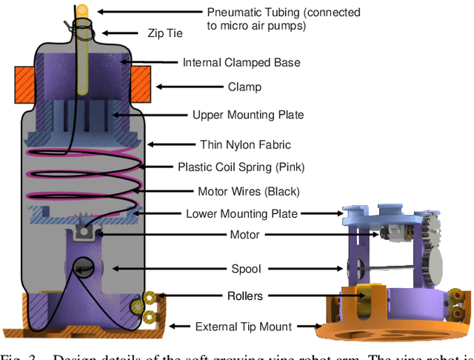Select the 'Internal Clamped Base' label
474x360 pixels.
pyautogui.click(x=241, y=62)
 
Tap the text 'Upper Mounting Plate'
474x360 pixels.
pyautogui.click(x=248, y=115)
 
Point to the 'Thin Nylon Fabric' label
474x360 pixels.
pyautogui.click(x=246, y=144)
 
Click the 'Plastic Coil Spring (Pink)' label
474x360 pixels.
pyautogui.click(x=241, y=167)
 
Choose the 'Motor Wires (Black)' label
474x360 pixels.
pyautogui.click(x=249, y=191)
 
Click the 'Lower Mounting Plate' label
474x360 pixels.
pyautogui.click(x=241, y=214)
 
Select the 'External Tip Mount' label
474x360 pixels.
pyautogui.click(x=244, y=326)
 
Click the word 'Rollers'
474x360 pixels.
pyautogui.click(x=245, y=296)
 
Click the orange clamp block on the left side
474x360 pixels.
pyautogui.click(x=26, y=85)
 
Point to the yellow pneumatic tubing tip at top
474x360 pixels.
pyautogui.click(x=83, y=10)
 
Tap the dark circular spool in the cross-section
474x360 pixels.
pyautogui.click(x=83, y=268)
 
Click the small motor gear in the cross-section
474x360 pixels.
pyautogui.click(x=83, y=222)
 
